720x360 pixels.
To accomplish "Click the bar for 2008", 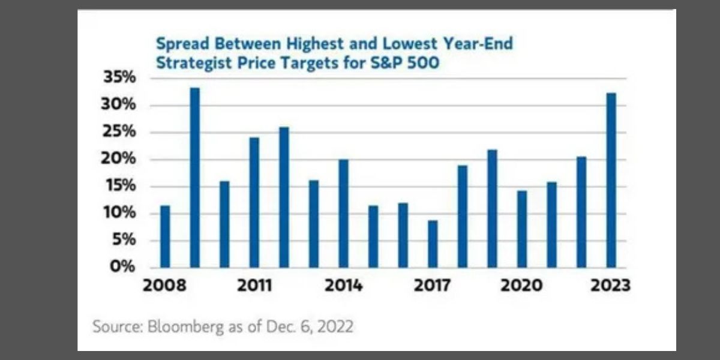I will pyautogui.click(x=165, y=236).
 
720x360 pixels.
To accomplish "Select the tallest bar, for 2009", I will pyautogui.click(x=194, y=178).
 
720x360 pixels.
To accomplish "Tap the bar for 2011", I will pyautogui.click(x=254, y=202).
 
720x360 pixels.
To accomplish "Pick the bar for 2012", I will pyautogui.click(x=284, y=197).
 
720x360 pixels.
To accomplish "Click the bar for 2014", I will pyautogui.click(x=343, y=213).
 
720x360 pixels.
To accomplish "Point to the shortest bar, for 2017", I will pyautogui.click(x=433, y=244).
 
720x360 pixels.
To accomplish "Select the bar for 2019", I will pyautogui.click(x=492, y=208).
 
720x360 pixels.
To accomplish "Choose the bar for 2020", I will pyautogui.click(x=522, y=229).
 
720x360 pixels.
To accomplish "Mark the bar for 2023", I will pyautogui.click(x=611, y=180).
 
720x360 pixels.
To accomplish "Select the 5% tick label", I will pyautogui.click(x=127, y=240).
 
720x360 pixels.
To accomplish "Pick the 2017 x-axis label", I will pyautogui.click(x=433, y=286).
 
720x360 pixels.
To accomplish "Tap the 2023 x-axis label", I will pyautogui.click(x=610, y=286).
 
